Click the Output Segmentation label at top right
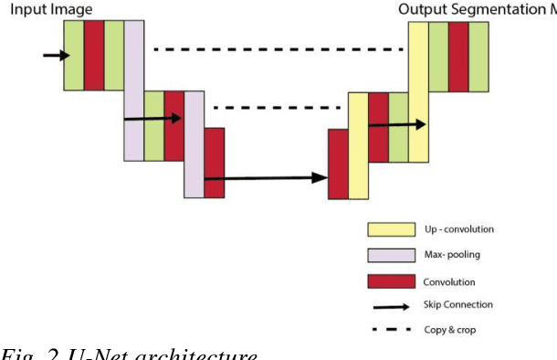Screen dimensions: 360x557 click(475, 9)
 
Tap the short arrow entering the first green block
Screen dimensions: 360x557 click(56, 56)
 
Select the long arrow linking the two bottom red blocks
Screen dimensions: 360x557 click(266, 178)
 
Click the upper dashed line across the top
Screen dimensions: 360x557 click(278, 49)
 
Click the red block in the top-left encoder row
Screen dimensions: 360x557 click(93, 56)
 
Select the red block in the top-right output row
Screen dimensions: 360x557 click(458, 56)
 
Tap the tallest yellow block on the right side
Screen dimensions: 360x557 click(417, 91)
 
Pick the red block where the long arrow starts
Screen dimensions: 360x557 click(214, 163)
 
